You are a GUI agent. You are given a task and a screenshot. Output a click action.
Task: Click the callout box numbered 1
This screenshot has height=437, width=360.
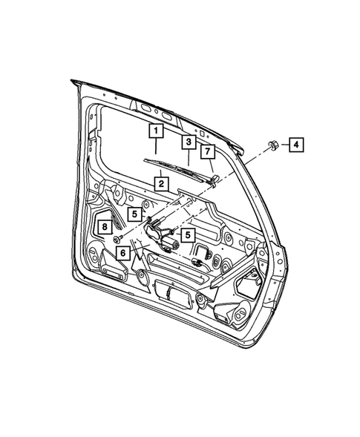point(156,132)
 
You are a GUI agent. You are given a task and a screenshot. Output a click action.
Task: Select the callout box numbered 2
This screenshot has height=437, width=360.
point(160,183)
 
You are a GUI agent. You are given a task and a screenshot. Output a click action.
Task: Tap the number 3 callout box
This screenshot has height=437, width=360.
point(189,141)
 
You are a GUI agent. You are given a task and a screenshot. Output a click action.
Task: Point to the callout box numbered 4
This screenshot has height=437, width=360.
point(295,145)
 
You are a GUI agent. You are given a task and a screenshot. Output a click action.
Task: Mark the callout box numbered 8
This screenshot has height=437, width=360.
point(105,227)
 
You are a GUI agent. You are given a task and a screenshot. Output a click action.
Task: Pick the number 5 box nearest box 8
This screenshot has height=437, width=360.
point(134,214)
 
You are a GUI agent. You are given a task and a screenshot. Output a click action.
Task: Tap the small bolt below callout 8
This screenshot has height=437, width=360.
point(118,239)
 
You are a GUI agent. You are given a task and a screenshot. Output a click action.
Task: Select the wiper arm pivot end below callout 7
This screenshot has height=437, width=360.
point(215,180)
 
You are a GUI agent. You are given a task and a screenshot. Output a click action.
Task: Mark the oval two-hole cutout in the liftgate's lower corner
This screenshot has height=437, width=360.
point(240,317)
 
